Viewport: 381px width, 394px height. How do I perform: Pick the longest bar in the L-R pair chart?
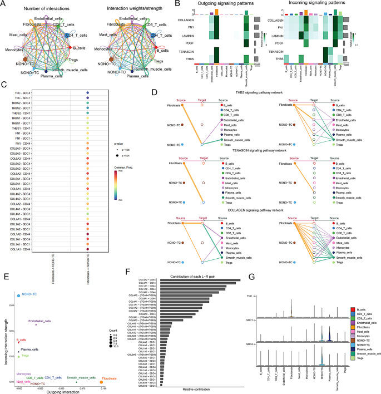pos(200,280)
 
